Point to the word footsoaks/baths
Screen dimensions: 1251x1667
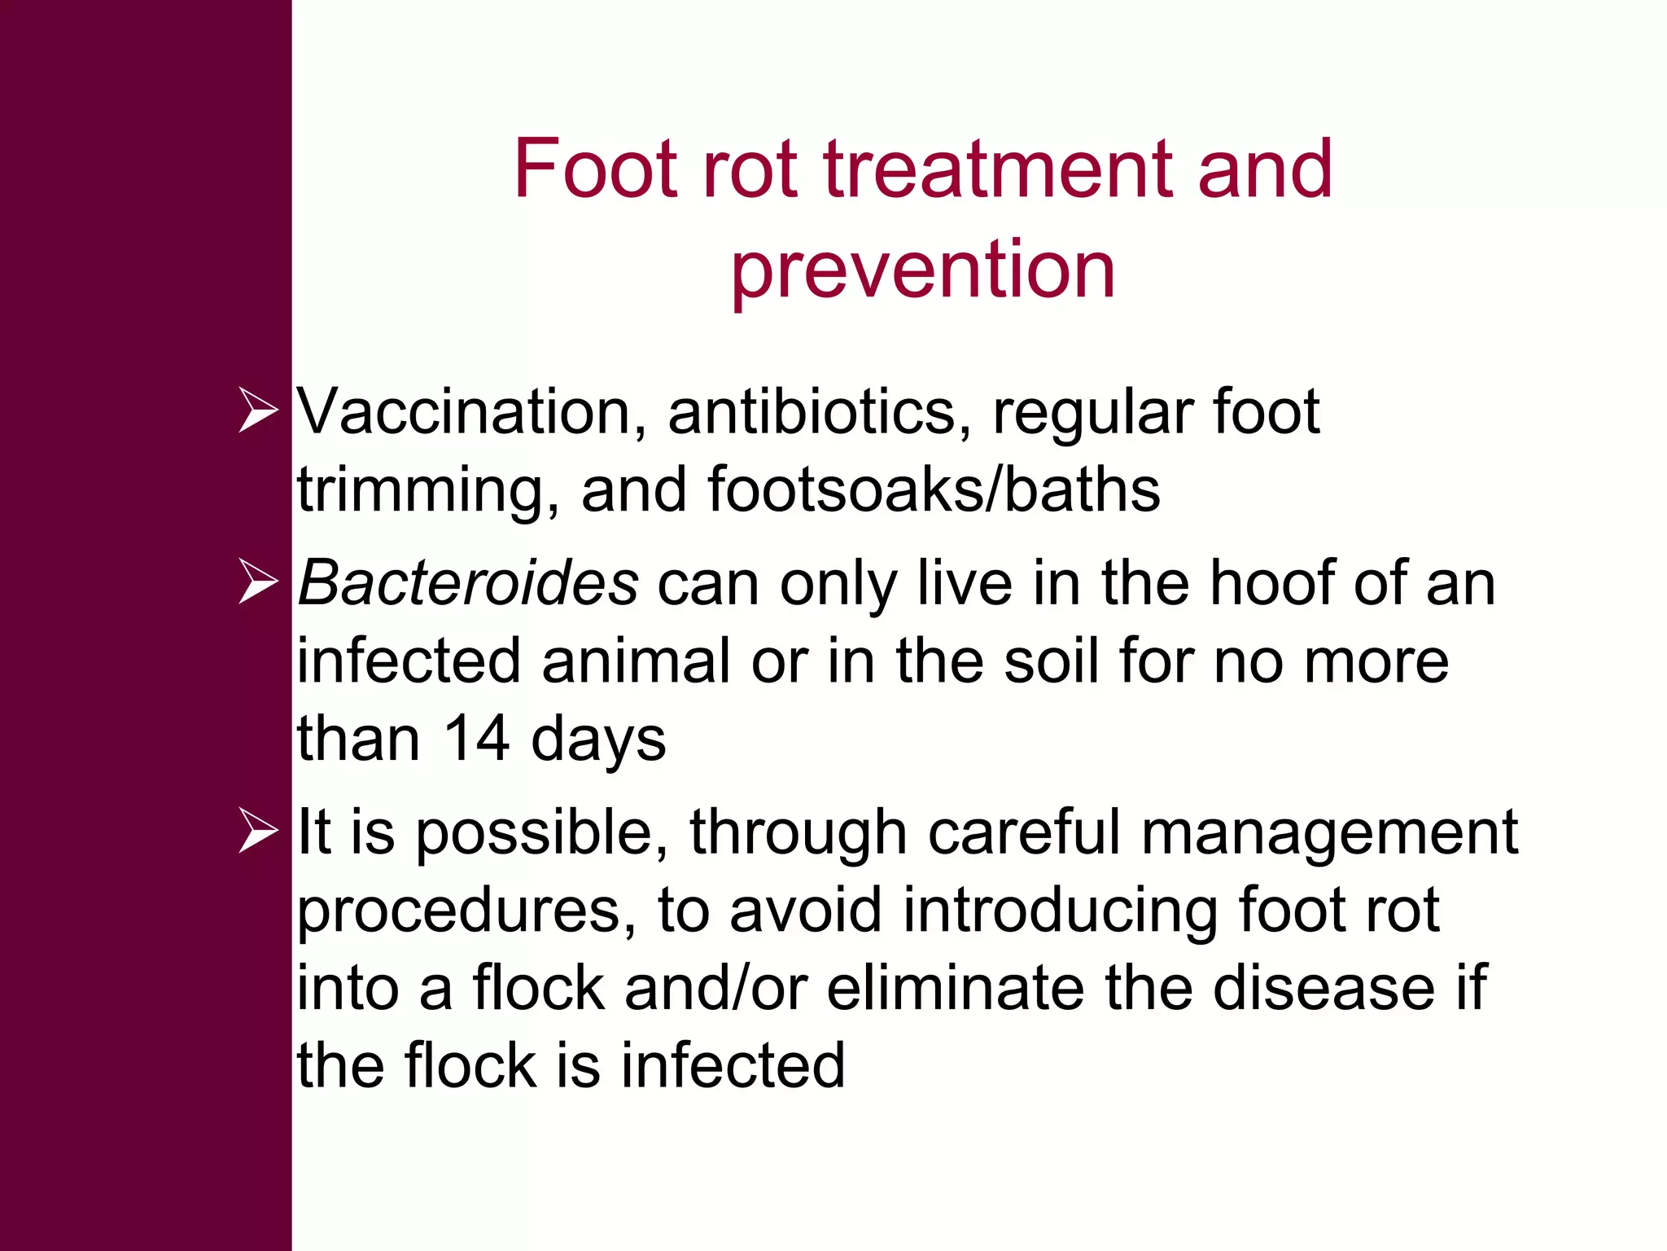934,490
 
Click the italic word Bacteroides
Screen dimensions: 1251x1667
468,583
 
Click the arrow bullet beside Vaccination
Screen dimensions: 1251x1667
258,411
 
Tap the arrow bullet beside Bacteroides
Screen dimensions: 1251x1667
258,582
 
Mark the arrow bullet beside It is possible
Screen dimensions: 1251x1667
258,832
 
